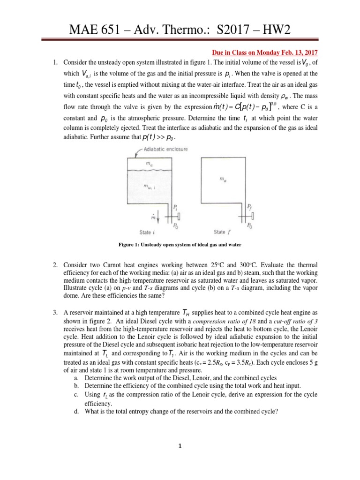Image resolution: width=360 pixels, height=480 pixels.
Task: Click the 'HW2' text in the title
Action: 269,30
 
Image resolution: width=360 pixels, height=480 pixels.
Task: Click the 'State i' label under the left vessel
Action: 139,232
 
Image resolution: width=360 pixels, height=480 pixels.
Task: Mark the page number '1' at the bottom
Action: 180,447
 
